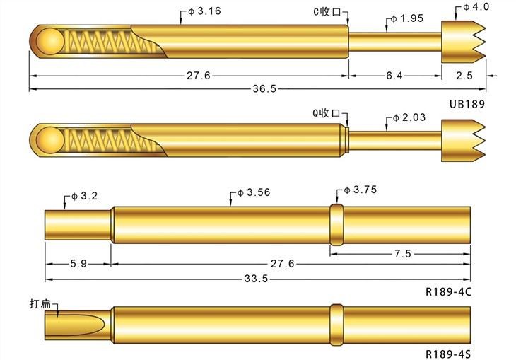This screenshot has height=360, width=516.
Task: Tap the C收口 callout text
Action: point(329,12)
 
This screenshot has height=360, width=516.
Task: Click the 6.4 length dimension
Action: point(394,75)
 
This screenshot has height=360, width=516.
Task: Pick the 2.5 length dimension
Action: point(464,75)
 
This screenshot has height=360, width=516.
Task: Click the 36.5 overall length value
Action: point(264,88)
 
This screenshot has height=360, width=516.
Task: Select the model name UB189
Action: point(467,103)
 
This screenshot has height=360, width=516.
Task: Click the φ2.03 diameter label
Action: point(409,117)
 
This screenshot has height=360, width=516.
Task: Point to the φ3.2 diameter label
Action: point(86,196)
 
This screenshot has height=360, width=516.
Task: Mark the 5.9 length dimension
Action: point(78,263)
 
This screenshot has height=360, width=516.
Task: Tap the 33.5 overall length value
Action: point(256,279)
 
